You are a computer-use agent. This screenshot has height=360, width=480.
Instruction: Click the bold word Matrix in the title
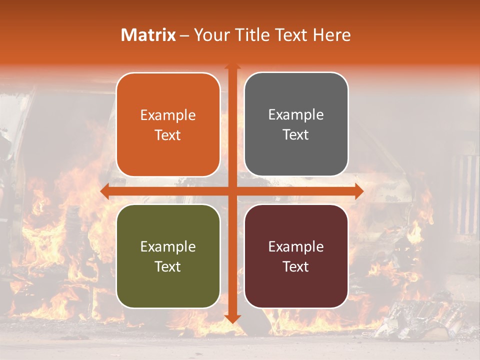point(148,35)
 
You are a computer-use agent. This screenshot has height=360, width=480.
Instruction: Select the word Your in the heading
point(210,35)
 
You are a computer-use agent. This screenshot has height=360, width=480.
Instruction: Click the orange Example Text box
point(168,124)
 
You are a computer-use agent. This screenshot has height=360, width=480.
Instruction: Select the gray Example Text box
point(296,124)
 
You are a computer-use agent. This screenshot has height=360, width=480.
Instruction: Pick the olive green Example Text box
point(168,256)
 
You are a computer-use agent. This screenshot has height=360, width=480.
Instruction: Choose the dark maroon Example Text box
point(296,256)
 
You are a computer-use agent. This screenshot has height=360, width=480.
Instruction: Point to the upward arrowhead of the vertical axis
point(232,67)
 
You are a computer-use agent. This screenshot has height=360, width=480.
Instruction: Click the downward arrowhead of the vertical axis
point(232,318)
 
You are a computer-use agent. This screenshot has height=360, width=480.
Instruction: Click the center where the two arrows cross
point(232,191)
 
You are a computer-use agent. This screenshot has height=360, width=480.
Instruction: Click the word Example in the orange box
point(168,115)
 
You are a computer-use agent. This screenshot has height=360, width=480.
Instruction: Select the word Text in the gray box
point(296,134)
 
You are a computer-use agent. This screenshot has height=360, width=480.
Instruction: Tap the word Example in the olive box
point(168,246)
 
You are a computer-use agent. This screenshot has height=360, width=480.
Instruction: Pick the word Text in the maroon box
point(296,266)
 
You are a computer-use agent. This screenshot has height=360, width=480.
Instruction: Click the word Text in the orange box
point(168,135)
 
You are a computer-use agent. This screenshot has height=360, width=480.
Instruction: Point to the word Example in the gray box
point(296,115)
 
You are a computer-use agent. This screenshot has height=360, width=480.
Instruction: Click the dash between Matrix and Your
point(184,35)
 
